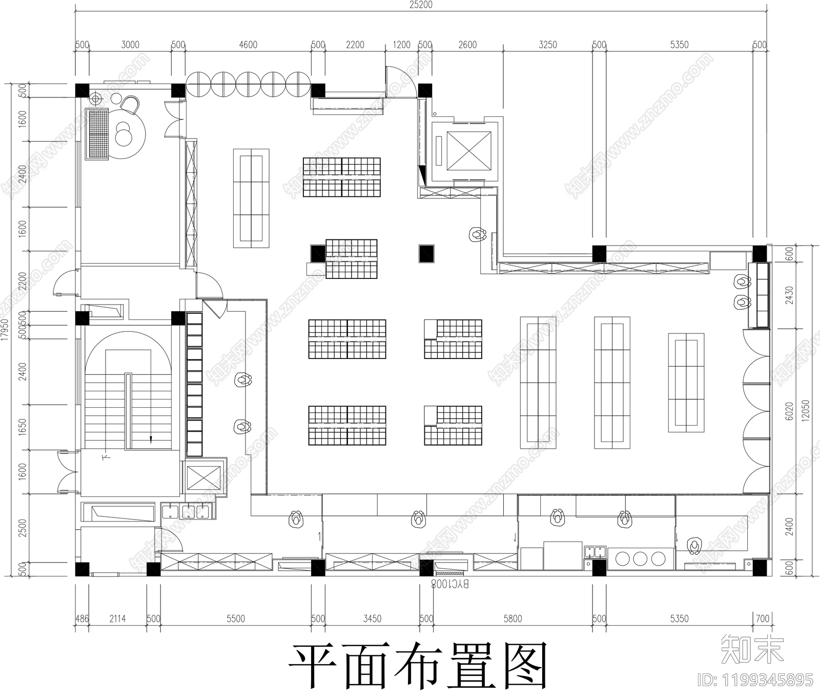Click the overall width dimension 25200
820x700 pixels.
point(421,5)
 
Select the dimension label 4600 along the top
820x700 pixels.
point(248,45)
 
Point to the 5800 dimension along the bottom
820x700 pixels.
point(512,619)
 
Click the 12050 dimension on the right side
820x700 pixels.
point(806,410)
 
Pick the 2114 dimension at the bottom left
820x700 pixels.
point(117,619)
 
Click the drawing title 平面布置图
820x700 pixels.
point(418,666)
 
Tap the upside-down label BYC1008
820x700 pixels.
point(449,584)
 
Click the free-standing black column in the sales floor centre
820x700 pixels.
point(426,253)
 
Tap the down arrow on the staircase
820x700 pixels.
point(151,438)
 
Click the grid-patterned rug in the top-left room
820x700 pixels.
point(97,134)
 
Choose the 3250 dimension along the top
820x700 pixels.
point(547,45)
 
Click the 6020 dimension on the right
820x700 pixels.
point(789,410)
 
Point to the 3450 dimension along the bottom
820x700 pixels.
point(372,619)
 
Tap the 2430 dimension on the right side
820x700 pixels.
point(789,295)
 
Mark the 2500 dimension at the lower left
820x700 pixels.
point(22,528)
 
